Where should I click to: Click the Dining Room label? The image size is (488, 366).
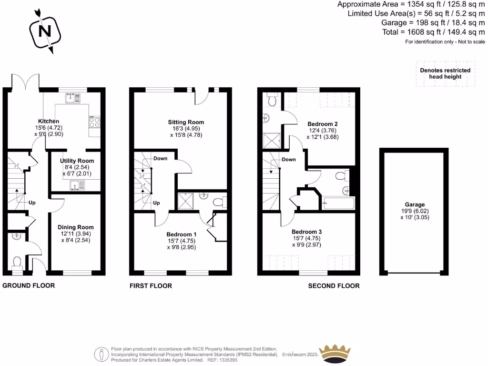(75, 227)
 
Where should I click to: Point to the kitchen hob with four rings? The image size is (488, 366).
(93, 122)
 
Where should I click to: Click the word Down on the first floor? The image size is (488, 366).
(161, 158)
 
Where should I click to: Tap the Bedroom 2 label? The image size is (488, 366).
(324, 124)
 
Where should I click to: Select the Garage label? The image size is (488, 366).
(414, 204)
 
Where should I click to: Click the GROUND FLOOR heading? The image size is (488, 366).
(29, 285)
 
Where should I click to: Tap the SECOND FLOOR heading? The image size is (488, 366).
(334, 286)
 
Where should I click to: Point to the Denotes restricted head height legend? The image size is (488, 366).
(445, 73)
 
